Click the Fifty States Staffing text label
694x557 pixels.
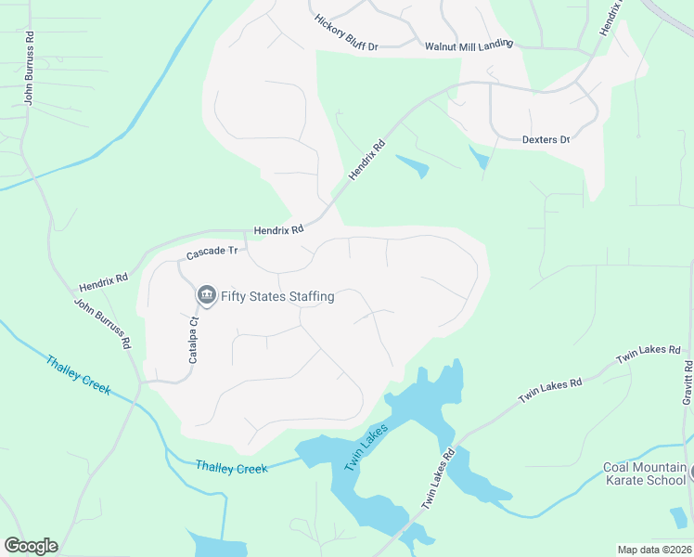tap(277, 297)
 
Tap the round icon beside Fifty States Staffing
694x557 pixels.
tap(206, 296)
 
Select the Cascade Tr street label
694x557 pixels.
tap(212, 252)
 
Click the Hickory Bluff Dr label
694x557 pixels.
tap(347, 32)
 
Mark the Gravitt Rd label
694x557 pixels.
tap(687, 382)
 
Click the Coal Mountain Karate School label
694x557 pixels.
tap(645, 473)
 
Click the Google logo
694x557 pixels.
tap(31, 546)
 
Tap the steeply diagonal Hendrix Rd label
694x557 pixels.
tap(366, 160)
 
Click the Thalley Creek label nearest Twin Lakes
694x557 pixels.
tap(232, 468)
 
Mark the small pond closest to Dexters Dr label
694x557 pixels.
tap(479, 157)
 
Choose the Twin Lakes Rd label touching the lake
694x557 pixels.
tap(440, 478)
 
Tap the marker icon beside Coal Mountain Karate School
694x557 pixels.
tap(690, 473)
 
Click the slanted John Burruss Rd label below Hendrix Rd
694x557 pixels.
tap(102, 322)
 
